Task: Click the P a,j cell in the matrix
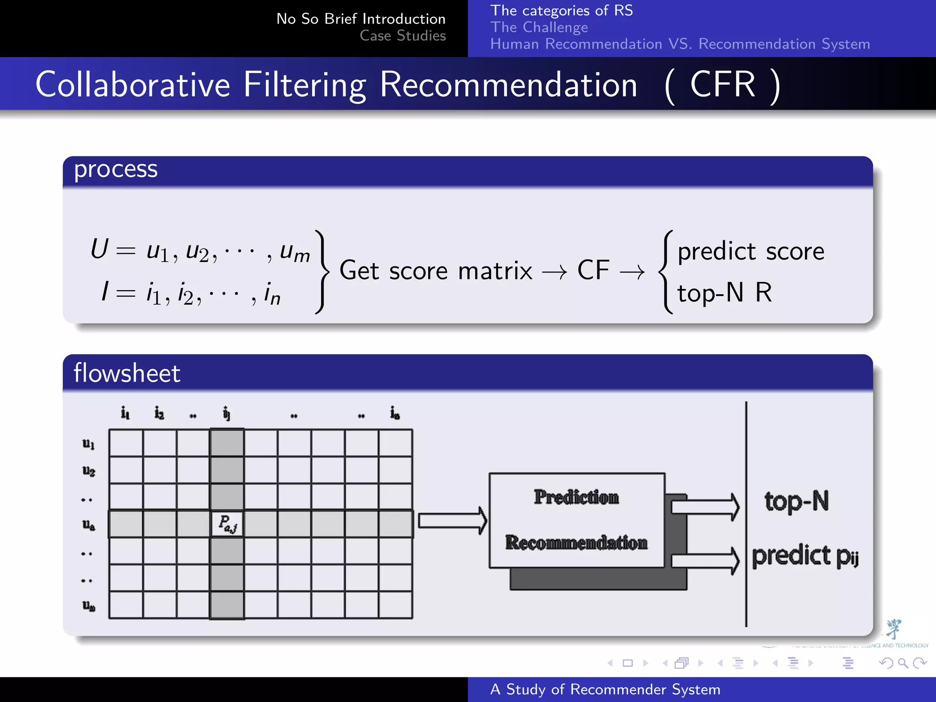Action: click(x=227, y=524)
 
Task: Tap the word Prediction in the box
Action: click(x=576, y=497)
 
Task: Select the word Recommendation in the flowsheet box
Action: click(x=576, y=542)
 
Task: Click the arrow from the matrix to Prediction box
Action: click(x=452, y=521)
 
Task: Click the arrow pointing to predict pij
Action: click(x=704, y=560)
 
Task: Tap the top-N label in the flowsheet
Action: click(x=796, y=501)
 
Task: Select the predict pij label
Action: click(x=805, y=556)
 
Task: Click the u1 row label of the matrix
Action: click(x=89, y=443)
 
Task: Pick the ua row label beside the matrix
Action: click(x=89, y=525)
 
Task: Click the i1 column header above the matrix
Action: click(x=125, y=413)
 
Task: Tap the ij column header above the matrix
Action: click(x=227, y=413)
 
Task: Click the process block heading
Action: click(x=116, y=170)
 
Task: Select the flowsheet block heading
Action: click(x=127, y=373)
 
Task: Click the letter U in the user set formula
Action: click(x=99, y=249)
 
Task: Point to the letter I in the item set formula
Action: click(x=105, y=291)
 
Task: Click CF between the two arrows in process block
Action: click(x=593, y=270)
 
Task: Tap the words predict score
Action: click(x=750, y=251)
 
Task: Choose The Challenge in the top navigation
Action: click(x=539, y=27)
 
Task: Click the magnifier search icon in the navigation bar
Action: click(x=903, y=663)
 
